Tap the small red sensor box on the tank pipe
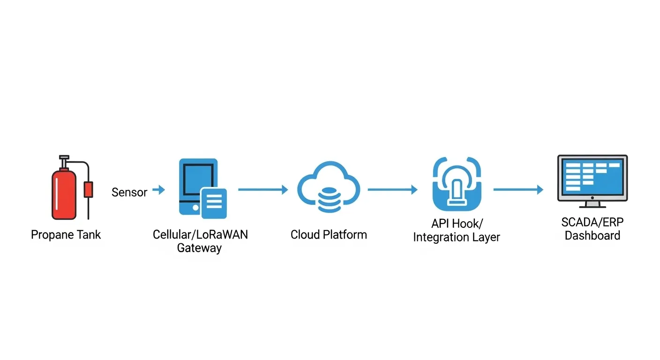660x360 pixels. pyautogui.click(x=88, y=189)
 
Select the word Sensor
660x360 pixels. pyautogui.click(x=129, y=192)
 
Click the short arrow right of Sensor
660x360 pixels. pyautogui.click(x=159, y=190)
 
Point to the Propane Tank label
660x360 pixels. pyautogui.click(x=66, y=234)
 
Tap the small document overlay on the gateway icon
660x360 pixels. pyautogui.click(x=214, y=203)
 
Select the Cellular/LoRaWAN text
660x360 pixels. pyautogui.click(x=200, y=234)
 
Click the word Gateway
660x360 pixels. pyautogui.click(x=199, y=248)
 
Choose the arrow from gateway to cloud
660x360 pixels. pyautogui.click(x=263, y=190)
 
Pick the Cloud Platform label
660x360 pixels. pyautogui.click(x=329, y=234)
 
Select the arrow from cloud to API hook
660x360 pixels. pyautogui.click(x=392, y=190)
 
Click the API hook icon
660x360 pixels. pyautogui.click(x=456, y=184)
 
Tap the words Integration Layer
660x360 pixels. pyautogui.click(x=456, y=237)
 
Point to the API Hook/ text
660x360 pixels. pyautogui.click(x=456, y=224)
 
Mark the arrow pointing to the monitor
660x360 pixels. pyautogui.click(x=518, y=190)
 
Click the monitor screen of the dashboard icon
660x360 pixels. pyautogui.click(x=592, y=178)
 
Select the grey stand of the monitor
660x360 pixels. pyautogui.click(x=592, y=203)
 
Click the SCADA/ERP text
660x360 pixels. pyautogui.click(x=592, y=222)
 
